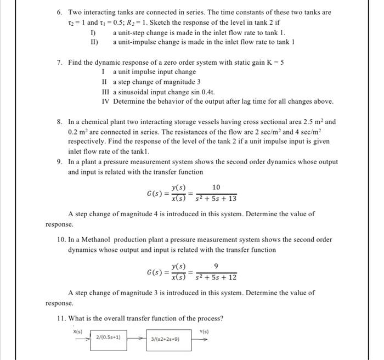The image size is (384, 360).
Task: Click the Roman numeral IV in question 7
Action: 105,102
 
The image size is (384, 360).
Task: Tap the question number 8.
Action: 60,122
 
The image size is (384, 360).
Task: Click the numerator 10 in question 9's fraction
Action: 216,188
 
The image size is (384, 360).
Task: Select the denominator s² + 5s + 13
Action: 217,199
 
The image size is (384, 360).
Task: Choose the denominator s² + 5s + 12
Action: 217,278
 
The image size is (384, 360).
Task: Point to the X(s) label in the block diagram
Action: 77,331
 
